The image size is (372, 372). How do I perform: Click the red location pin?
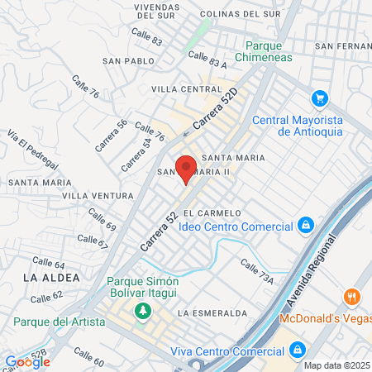tap(187, 169)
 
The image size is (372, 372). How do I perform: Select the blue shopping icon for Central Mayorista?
tap(318, 99)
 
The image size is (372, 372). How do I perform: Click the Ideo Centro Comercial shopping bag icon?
tap(306, 225)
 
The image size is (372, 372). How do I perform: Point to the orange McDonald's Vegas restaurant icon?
tap(352, 298)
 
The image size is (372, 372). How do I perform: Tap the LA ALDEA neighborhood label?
tap(51, 278)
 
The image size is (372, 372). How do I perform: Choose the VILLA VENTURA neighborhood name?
tap(98, 196)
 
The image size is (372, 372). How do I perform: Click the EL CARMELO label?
tap(218, 212)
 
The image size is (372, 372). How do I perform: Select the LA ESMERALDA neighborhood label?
tap(212, 313)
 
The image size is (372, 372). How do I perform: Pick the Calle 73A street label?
tap(256, 273)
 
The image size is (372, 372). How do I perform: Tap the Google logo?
tap(27, 361)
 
